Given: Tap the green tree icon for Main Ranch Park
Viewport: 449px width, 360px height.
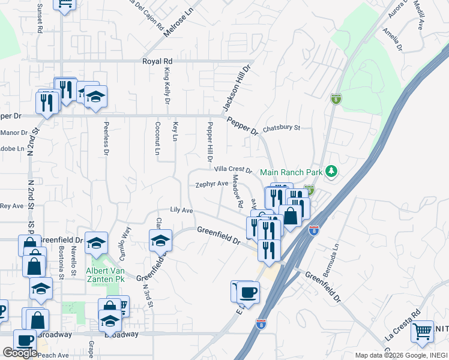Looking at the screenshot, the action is tap(331, 172).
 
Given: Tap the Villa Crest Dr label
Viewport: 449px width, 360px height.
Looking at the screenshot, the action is tap(234, 170).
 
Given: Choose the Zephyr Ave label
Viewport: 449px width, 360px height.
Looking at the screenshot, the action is tap(212, 184).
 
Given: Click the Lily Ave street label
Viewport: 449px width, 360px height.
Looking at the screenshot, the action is tap(181, 211).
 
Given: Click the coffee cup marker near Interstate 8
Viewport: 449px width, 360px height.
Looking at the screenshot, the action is tap(249, 293).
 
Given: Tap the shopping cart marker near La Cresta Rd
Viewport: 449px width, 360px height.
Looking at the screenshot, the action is tap(423, 330).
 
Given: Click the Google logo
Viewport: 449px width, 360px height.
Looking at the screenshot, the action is tap(20, 352).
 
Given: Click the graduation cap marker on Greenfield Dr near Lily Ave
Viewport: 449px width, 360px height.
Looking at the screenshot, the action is tap(160, 241).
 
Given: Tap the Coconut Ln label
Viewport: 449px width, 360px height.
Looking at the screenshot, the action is tap(158, 139).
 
